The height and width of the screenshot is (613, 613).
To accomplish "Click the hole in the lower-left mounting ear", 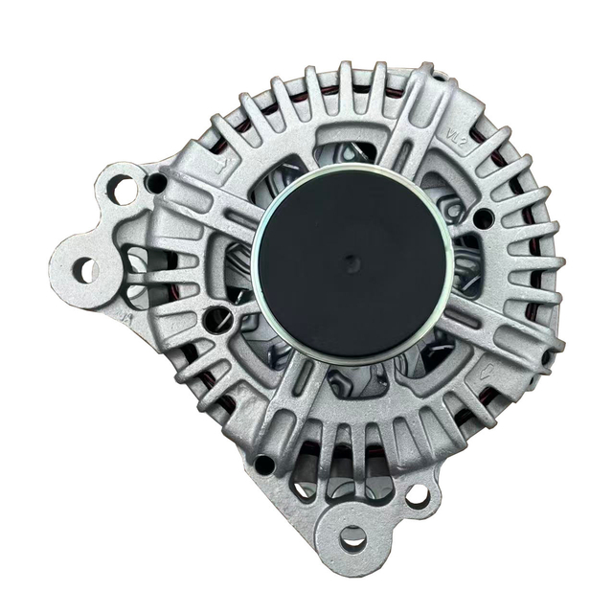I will click(85, 271).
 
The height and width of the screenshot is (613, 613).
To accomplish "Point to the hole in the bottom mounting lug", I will click(353, 537).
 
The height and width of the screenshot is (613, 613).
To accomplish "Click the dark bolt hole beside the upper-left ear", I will click(157, 181).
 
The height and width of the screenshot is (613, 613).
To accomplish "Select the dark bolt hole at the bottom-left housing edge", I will click(264, 465).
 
